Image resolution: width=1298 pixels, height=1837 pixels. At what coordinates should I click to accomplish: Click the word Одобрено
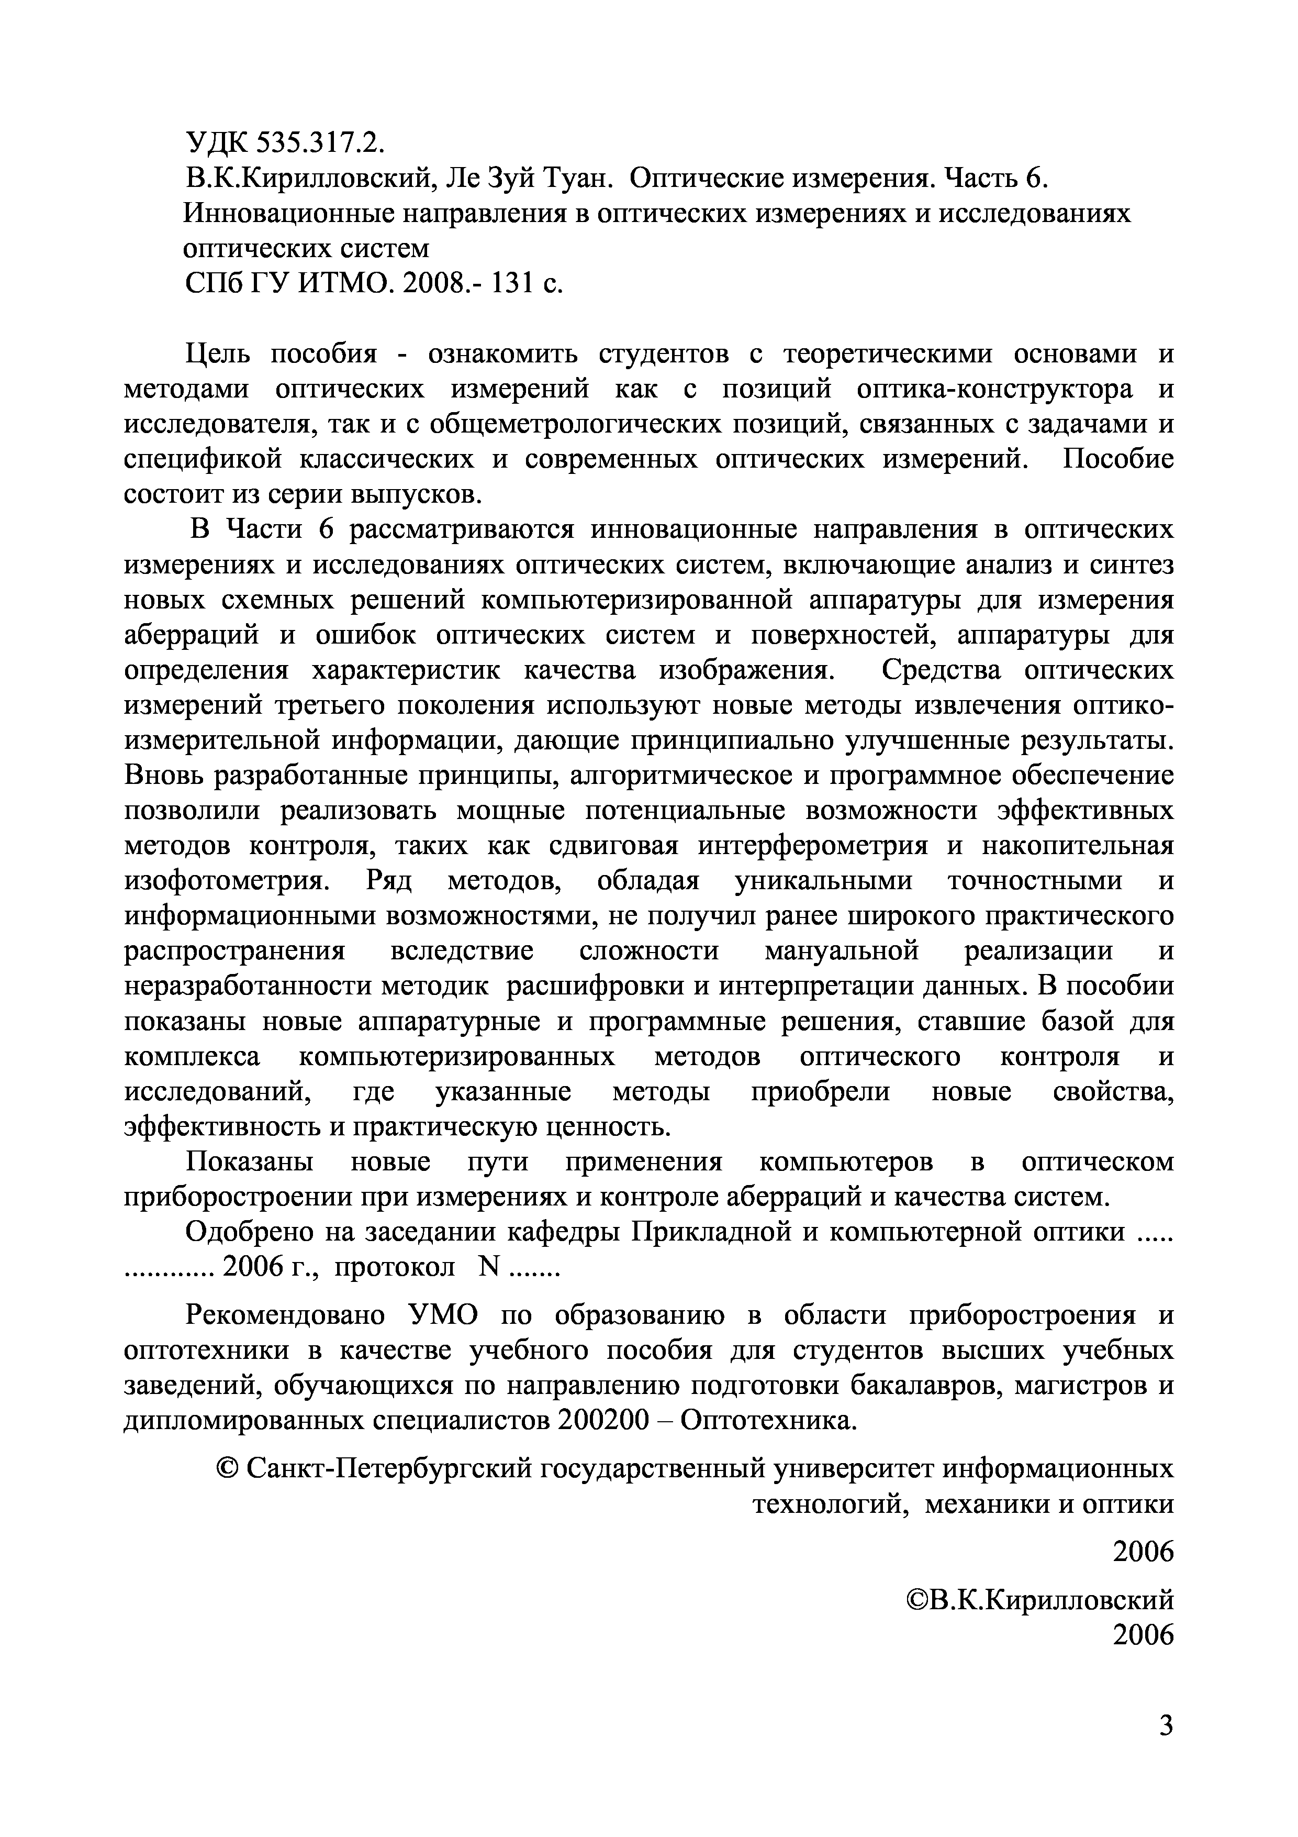coord(248,1233)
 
